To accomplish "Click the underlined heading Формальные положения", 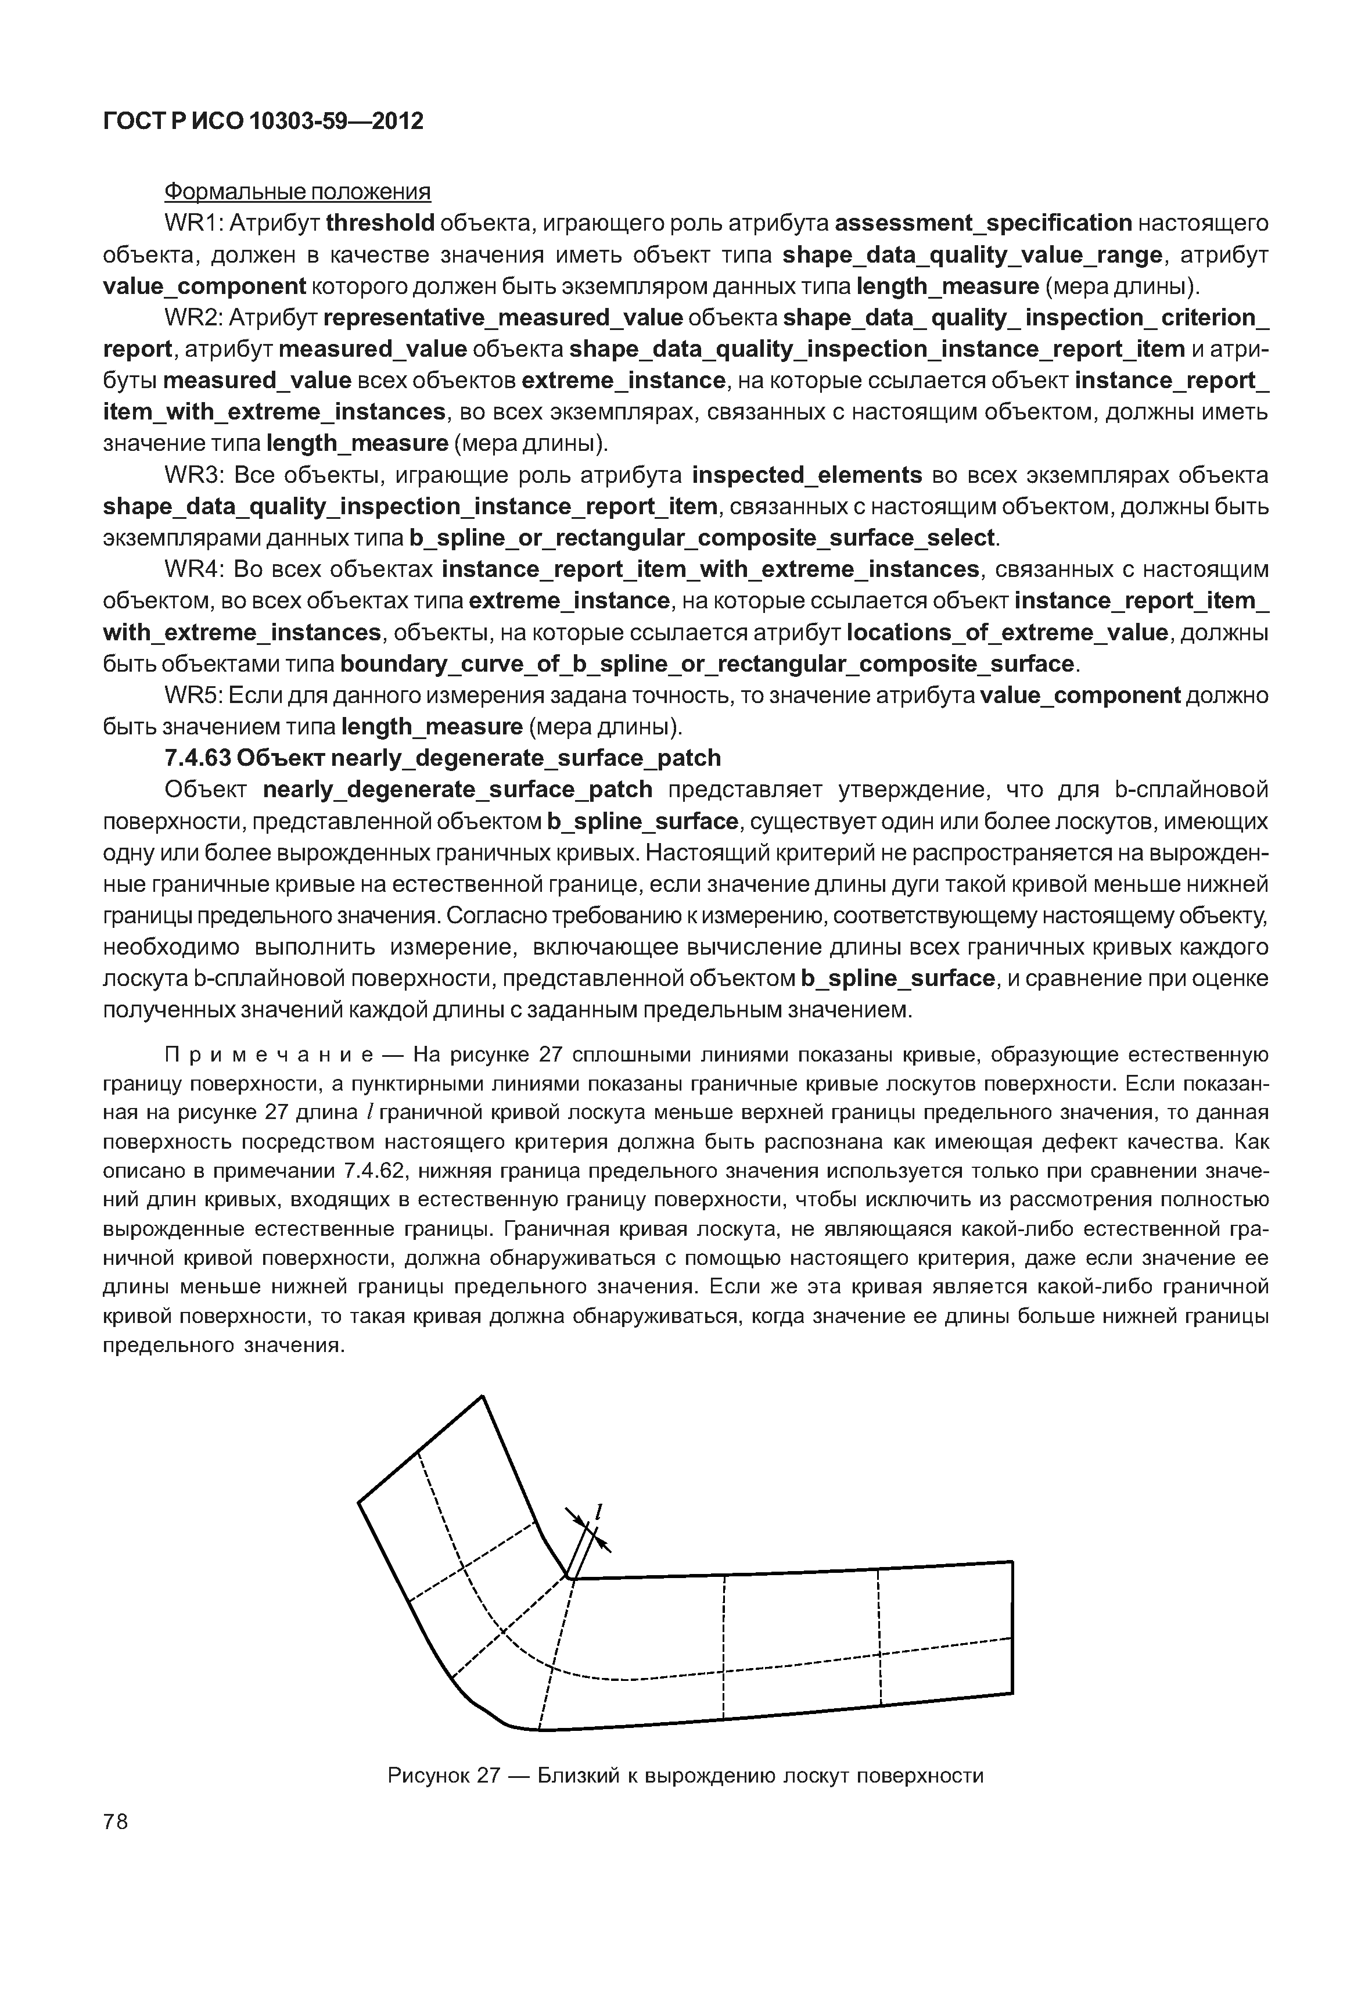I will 297,191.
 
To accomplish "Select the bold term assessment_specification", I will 983,224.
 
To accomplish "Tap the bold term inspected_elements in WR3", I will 806,476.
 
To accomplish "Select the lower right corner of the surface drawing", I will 1012,1693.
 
